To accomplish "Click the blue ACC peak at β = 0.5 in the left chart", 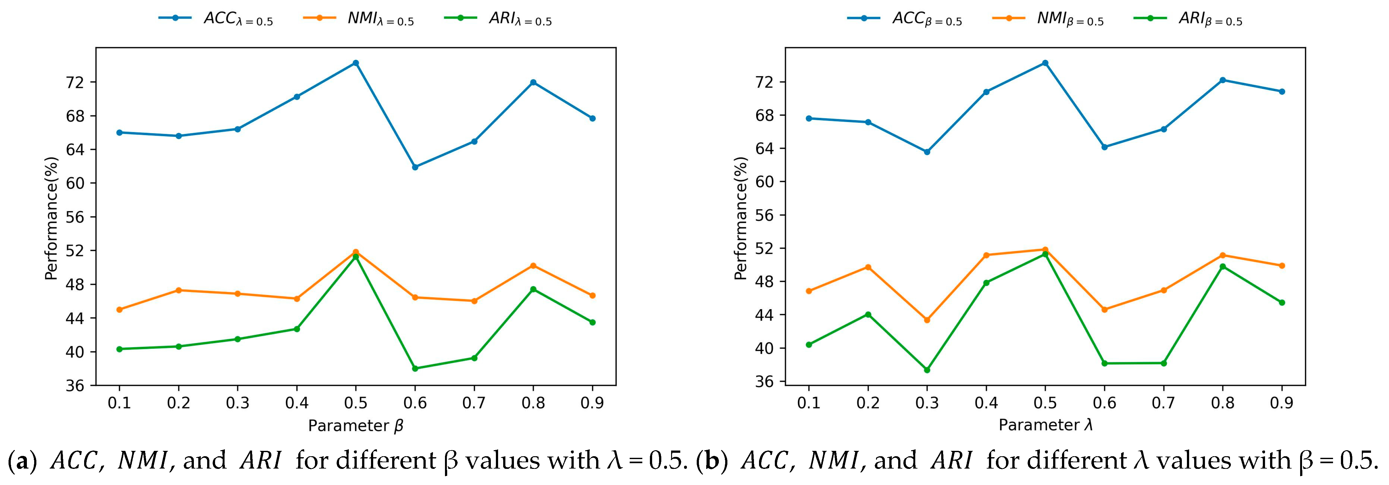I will coord(355,63).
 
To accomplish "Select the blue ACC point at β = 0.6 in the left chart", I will coord(415,167).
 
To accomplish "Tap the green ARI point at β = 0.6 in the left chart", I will coord(415,369).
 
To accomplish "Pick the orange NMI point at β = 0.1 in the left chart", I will coord(119,309).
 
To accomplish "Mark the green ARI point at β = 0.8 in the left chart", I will coord(533,289).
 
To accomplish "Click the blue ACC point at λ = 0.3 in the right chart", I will coord(926,152).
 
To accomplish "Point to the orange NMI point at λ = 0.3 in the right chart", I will coord(926,320).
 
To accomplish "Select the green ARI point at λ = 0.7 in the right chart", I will coord(1164,363).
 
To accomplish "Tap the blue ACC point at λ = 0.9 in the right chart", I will coord(1282,92).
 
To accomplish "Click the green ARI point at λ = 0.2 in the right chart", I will coord(867,315).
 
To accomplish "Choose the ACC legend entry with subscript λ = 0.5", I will coord(216,19).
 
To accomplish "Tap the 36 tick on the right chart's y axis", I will coord(765,382).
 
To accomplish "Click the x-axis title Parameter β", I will coord(355,426).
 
